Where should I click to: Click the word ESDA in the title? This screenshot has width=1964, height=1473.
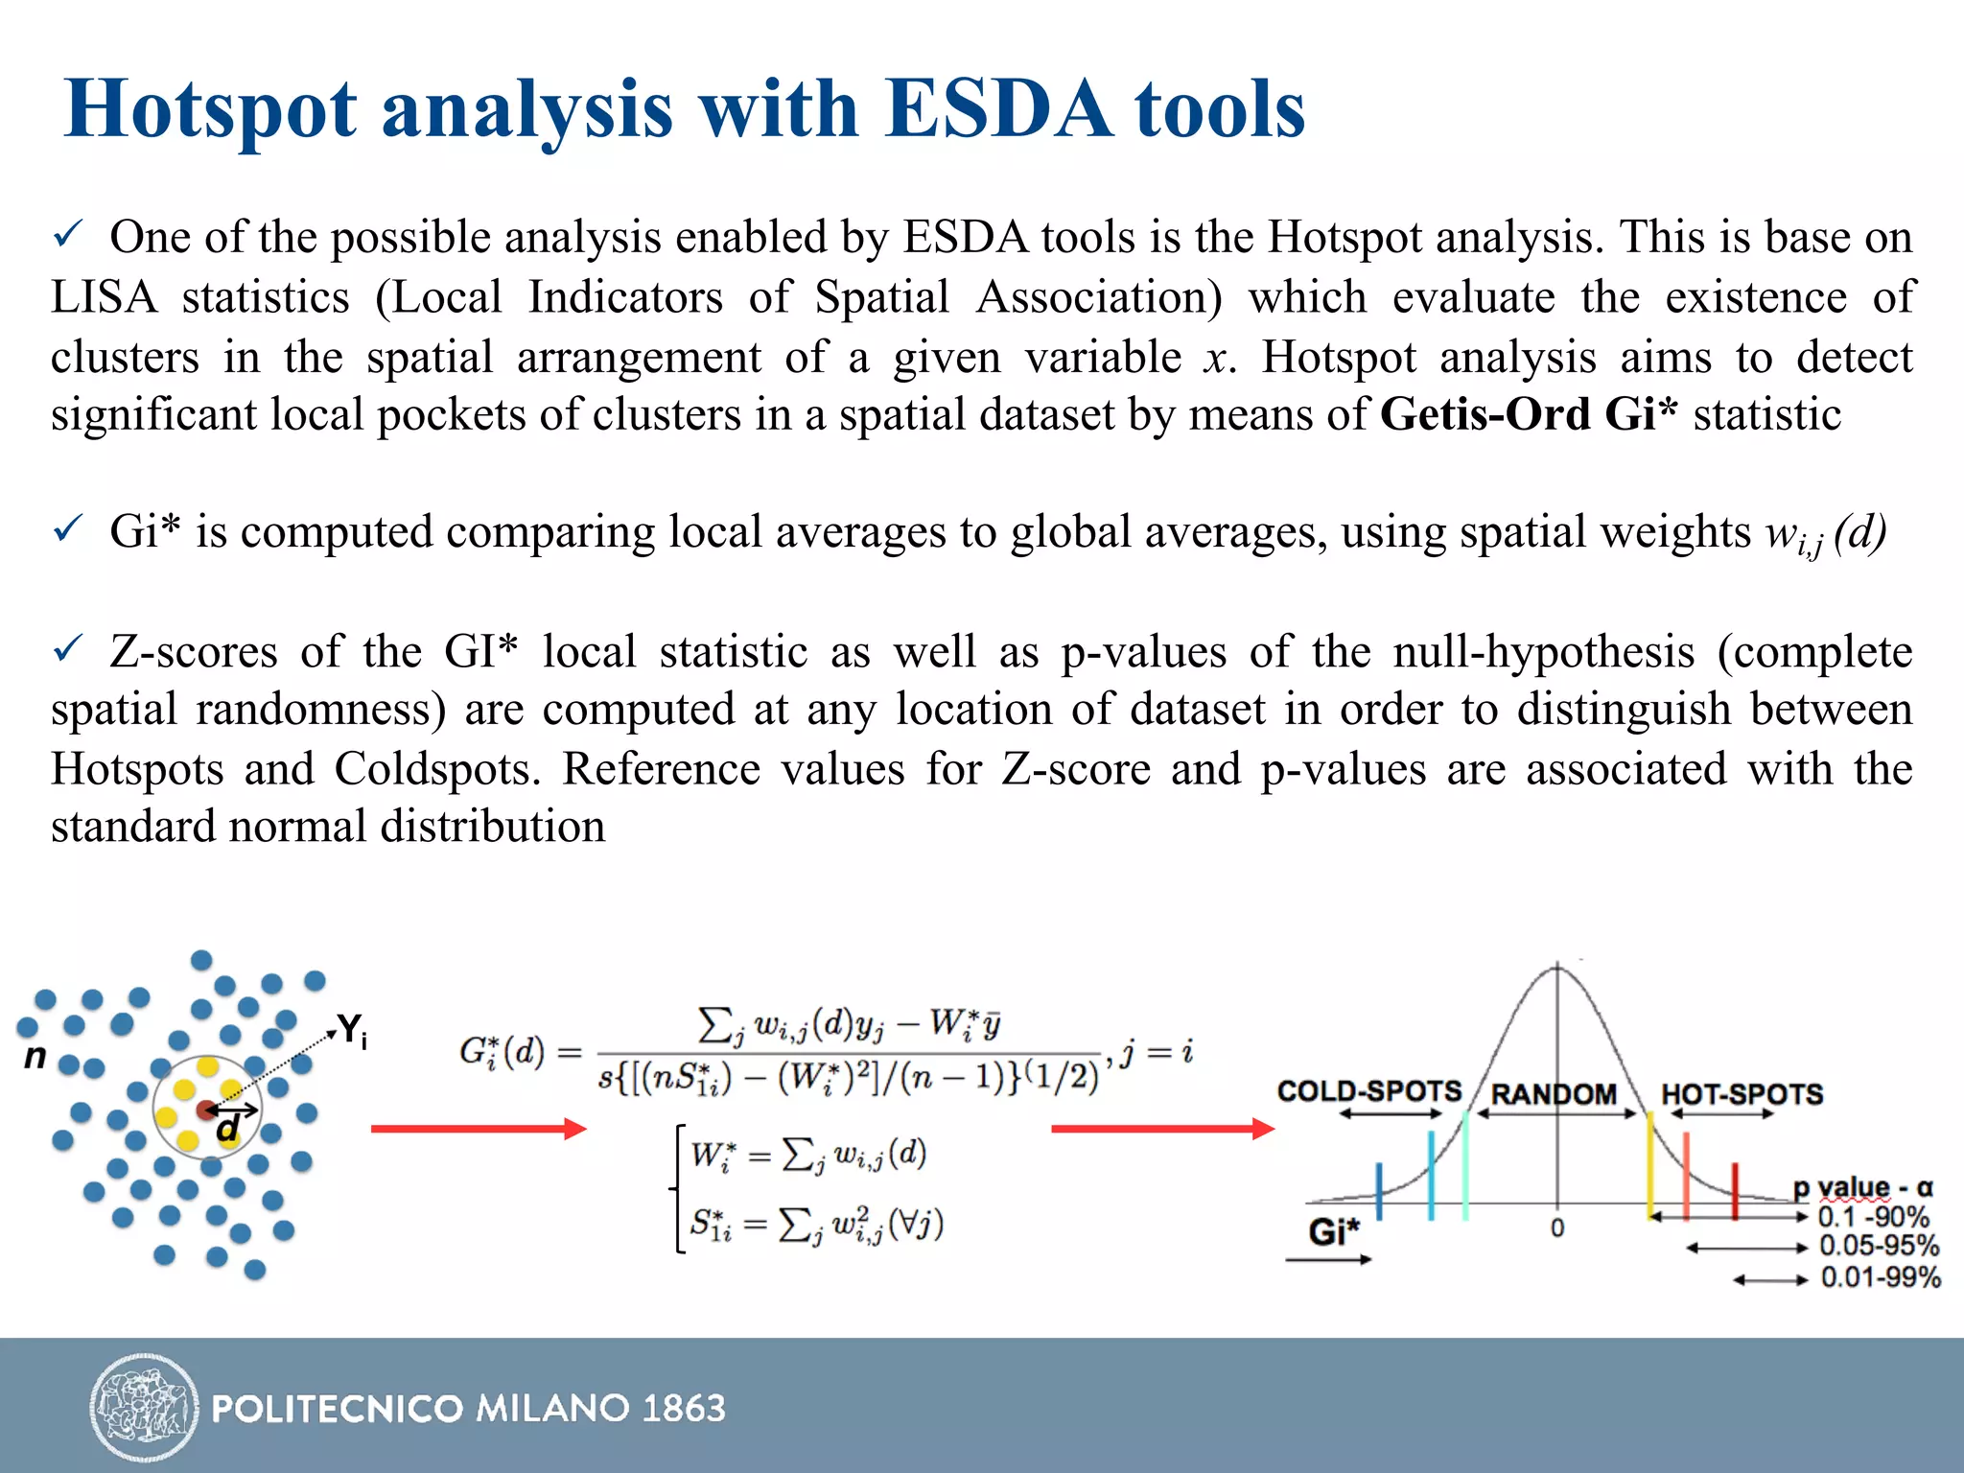coord(997,108)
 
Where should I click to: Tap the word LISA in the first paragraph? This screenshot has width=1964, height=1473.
coord(104,297)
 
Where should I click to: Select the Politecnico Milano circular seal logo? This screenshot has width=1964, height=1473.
coord(144,1407)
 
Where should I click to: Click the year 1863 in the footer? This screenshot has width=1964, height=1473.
coord(684,1408)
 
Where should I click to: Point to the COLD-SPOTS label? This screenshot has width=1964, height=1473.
coord(1369,1091)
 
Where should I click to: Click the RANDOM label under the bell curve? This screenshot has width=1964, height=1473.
coord(1554,1094)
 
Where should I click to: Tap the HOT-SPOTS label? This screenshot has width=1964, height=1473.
coord(1742,1094)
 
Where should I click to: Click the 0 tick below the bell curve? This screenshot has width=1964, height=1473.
coord(1557,1228)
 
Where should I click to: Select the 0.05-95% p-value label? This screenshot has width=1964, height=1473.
coord(1879,1247)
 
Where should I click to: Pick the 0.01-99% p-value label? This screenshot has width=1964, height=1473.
coord(1881,1277)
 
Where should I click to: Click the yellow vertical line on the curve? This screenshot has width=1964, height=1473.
coord(1650,1165)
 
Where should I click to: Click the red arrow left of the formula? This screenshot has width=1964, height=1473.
coord(478,1129)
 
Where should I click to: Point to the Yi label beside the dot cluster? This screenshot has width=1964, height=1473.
coord(352,1031)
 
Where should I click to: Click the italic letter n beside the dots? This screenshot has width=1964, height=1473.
coord(35,1057)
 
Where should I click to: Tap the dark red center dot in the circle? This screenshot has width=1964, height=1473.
coord(205,1110)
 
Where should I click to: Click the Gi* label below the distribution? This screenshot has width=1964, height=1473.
coord(1334,1231)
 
